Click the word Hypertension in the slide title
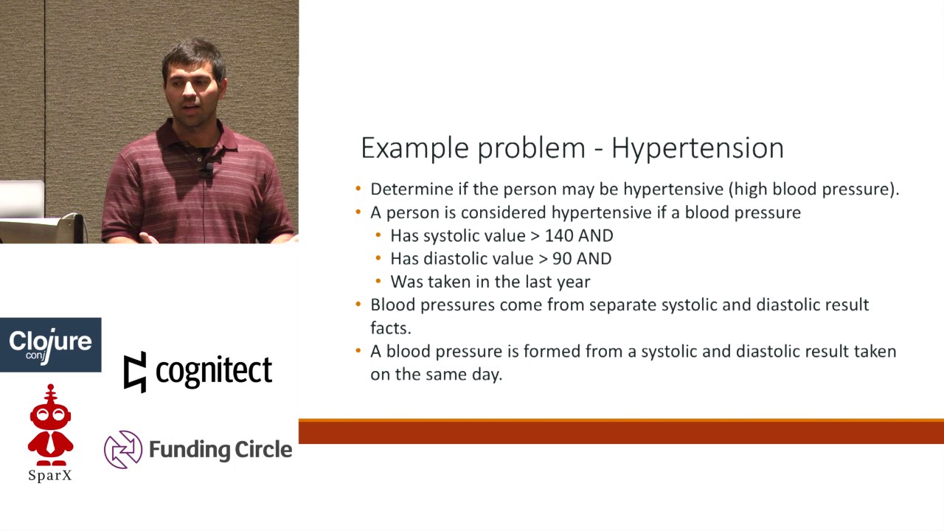697,148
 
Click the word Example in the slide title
415,148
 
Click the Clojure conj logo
50,344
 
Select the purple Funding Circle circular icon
123,450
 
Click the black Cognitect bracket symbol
135,372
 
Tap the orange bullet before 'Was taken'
379,282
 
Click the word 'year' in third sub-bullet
574,282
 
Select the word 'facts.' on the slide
390,328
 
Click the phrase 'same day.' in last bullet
472,375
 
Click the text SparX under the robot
50,476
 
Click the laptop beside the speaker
22,201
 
